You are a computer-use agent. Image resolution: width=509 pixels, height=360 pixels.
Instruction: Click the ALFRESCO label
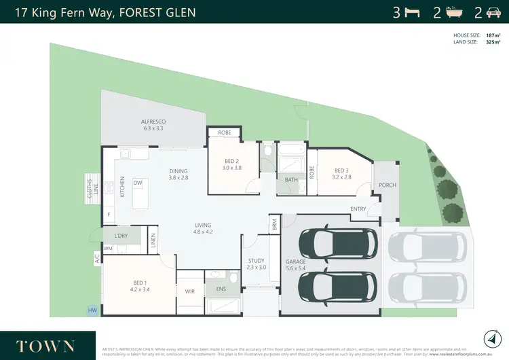click(x=153, y=122)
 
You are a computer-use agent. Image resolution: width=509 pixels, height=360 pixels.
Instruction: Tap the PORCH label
click(x=387, y=185)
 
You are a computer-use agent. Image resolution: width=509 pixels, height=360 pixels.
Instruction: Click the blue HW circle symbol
click(x=92, y=310)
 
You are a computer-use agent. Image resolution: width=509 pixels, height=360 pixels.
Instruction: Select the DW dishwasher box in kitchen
click(x=138, y=183)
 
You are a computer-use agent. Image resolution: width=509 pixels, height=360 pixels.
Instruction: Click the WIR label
click(x=189, y=291)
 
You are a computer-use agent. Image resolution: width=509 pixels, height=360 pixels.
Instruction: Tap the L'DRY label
click(x=121, y=236)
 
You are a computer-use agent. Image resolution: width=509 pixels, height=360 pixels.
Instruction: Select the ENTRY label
click(x=358, y=209)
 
